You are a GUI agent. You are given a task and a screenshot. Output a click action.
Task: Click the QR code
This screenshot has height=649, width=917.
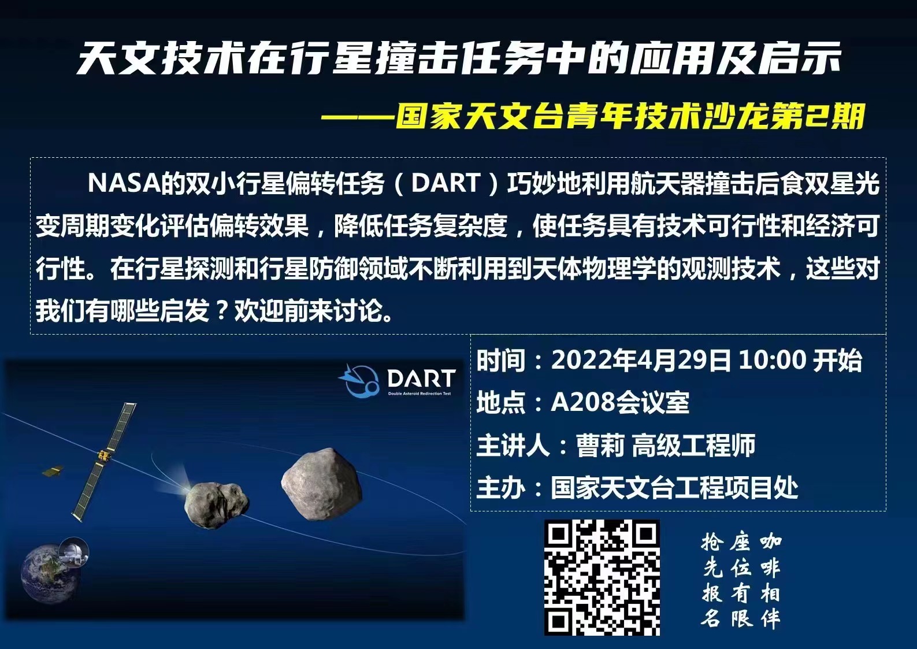(602, 577)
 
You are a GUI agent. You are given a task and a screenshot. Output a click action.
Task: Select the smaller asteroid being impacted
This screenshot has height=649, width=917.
(216, 504)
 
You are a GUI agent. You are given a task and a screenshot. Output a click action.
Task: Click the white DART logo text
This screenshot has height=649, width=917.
(421, 379)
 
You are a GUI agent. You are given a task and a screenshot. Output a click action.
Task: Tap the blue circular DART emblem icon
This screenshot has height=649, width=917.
(358, 381)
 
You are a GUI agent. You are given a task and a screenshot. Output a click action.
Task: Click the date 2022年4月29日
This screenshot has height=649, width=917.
(641, 361)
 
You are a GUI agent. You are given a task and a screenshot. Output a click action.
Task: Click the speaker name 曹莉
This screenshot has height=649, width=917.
(600, 445)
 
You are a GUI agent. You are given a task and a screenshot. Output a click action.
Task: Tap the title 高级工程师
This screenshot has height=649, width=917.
(693, 445)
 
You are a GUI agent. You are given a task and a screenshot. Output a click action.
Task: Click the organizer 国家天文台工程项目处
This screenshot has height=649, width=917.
(674, 488)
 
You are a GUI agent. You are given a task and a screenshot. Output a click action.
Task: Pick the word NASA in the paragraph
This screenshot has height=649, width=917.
(124, 183)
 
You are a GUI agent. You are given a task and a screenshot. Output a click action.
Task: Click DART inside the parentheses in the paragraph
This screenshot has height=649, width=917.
(446, 183)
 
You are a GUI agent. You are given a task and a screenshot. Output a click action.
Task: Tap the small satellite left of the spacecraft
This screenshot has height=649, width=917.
(53, 472)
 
